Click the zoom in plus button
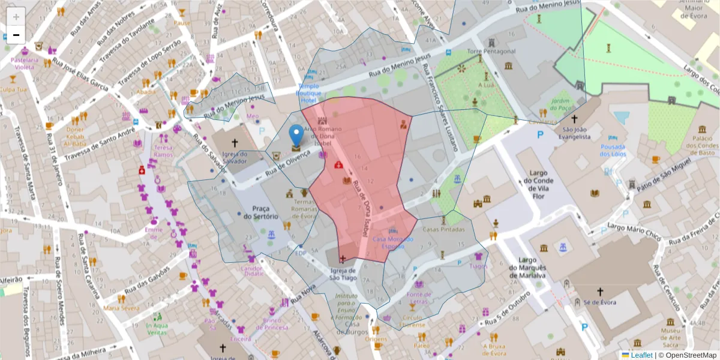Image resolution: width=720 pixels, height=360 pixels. click(16, 16)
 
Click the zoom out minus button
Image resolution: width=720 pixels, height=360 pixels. click(16, 34)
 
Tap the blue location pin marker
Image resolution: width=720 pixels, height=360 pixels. click(296, 136)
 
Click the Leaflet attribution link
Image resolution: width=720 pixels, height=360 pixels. click(641, 355)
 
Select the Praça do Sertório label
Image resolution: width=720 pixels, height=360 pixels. click(261, 212)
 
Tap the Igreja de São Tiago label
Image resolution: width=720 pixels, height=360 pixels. click(343, 274)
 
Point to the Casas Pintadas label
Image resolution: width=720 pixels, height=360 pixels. click(444, 229)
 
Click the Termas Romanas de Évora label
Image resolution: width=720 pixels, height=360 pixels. click(302, 210)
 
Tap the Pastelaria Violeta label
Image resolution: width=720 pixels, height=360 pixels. click(25, 64)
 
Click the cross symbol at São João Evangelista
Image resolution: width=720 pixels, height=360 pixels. click(574, 119)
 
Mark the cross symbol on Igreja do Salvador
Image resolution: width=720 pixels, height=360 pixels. click(234, 143)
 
